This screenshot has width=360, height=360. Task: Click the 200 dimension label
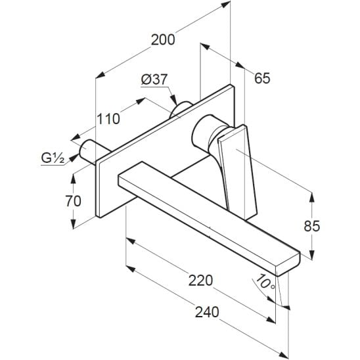pyautogui.click(x=163, y=39)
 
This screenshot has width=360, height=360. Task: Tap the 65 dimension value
pyautogui.click(x=262, y=78)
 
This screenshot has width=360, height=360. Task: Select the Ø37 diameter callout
pyautogui.click(x=154, y=79)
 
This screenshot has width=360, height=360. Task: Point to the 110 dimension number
pyautogui.click(x=108, y=119)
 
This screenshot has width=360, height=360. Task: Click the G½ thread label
pyautogui.click(x=53, y=158)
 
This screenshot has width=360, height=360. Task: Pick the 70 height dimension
pyautogui.click(x=74, y=201)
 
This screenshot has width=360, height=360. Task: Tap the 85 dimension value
pyautogui.click(x=312, y=226)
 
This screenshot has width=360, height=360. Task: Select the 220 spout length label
pyautogui.click(x=200, y=281)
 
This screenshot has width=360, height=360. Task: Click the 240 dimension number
pyautogui.click(x=207, y=312)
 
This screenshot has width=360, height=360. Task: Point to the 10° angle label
pyautogui.click(x=265, y=282)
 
